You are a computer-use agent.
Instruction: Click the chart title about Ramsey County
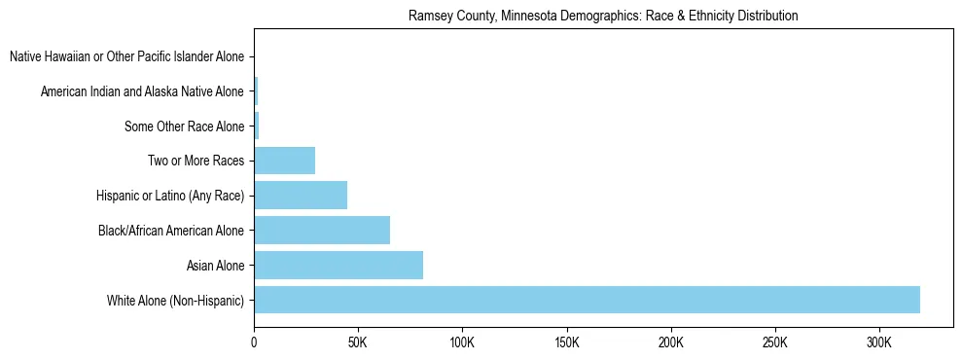(603, 16)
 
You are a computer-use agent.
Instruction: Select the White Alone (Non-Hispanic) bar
(587, 300)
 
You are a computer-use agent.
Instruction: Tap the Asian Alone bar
(338, 265)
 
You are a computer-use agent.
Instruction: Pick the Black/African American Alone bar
(322, 231)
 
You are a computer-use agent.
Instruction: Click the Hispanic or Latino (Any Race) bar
(301, 196)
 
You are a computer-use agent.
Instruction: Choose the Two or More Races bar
(285, 161)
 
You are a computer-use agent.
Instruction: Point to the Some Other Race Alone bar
(257, 126)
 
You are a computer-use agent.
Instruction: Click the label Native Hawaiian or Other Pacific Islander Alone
(126, 57)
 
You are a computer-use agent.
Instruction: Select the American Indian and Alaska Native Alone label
(142, 92)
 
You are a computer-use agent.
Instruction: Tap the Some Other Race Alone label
(184, 126)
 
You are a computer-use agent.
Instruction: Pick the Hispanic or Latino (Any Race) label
(169, 196)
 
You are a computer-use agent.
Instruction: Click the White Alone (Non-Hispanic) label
(175, 300)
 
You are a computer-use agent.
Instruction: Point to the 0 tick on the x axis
(255, 343)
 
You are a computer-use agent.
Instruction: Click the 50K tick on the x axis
(358, 343)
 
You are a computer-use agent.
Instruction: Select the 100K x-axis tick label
(462, 343)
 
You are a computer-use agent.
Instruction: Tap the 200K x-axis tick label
(671, 343)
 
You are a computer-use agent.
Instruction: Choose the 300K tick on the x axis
(879, 343)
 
